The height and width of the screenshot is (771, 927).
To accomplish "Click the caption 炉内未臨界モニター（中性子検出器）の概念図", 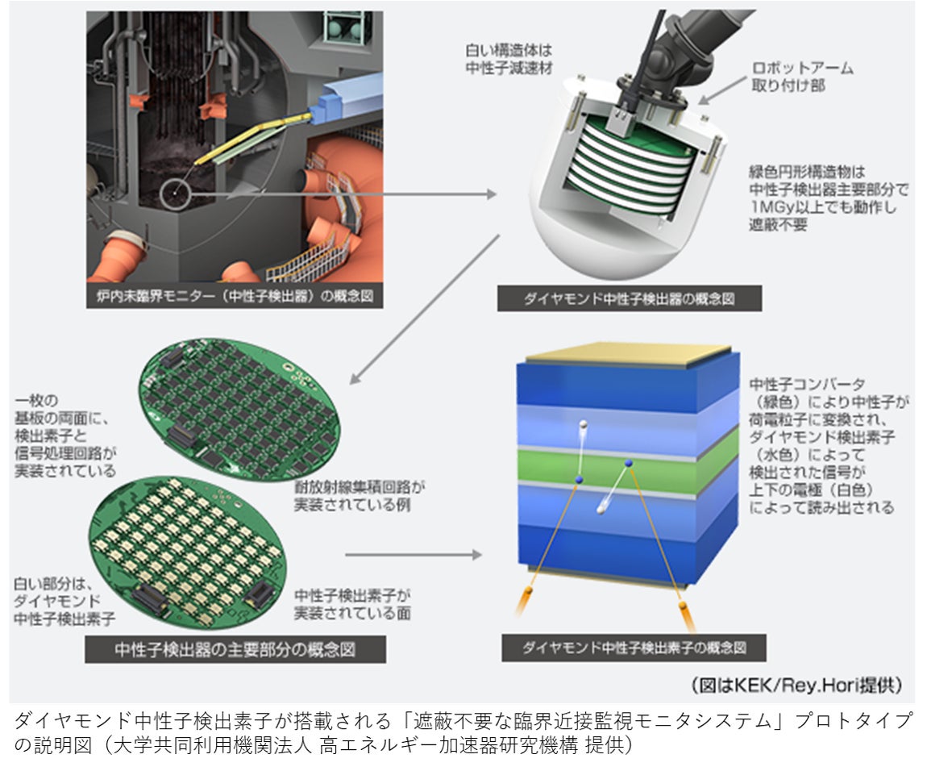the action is point(235,296).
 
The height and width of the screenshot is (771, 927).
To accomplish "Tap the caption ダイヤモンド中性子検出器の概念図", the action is point(629,299).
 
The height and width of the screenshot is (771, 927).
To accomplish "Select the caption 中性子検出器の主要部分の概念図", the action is point(235,650).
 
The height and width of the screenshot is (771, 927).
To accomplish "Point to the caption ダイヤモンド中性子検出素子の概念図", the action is point(634,648).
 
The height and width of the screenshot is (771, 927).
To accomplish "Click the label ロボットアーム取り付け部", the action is point(803,77).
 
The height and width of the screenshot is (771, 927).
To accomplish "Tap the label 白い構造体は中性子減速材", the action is point(509,59).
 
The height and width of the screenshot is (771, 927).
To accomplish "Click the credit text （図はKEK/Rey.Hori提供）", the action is point(797,686).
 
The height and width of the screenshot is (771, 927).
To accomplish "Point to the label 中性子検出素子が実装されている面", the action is point(352,604).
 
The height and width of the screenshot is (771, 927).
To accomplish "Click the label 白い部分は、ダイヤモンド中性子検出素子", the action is point(64,602).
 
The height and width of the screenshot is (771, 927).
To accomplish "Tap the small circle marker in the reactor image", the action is point(174,194).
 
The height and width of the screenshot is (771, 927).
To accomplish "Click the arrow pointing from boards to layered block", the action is point(414,554).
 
